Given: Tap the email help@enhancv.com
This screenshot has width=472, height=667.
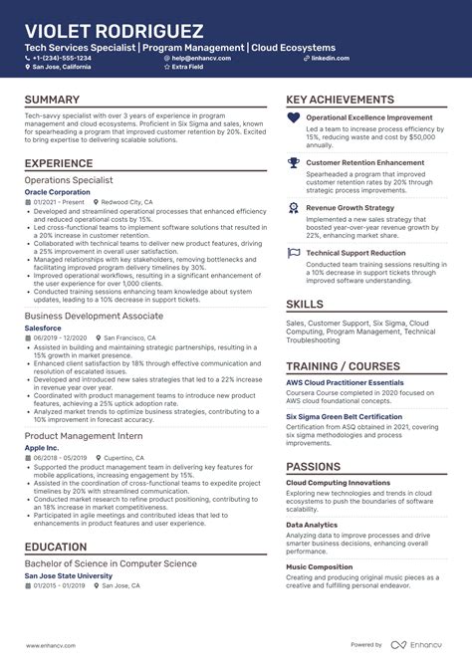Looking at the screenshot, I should (202, 58).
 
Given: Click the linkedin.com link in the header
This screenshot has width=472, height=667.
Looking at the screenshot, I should (330, 58).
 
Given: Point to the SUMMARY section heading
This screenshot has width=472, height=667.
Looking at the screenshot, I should (52, 101).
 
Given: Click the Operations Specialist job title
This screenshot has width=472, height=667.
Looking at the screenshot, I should (69, 180).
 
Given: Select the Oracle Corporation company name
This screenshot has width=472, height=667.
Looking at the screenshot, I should (57, 191).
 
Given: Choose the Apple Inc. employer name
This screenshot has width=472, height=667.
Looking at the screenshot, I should (41, 448).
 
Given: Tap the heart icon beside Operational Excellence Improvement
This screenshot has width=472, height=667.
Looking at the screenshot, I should (293, 117).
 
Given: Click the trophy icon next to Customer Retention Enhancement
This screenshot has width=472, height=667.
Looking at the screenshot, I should (293, 162).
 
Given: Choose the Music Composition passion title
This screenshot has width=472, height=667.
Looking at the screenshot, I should (319, 566).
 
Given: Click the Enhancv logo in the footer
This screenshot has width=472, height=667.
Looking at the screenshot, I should (425, 645).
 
